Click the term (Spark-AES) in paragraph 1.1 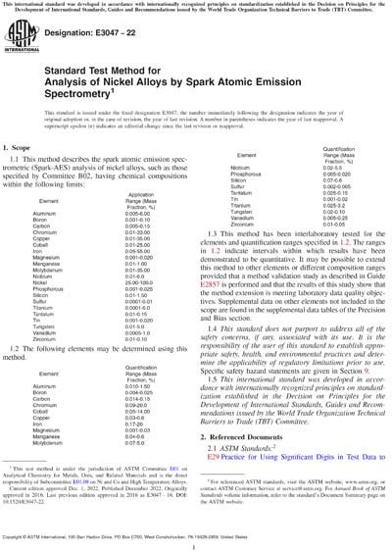pos(58,194)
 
